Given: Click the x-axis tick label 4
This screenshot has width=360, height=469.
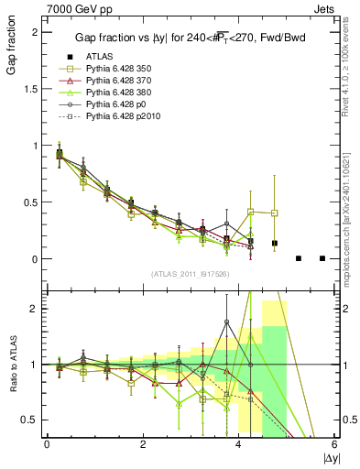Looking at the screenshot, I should point(239,445).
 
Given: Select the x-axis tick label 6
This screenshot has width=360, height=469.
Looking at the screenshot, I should point(335,445).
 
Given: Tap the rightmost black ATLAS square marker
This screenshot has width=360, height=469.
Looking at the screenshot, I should point(322,258).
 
